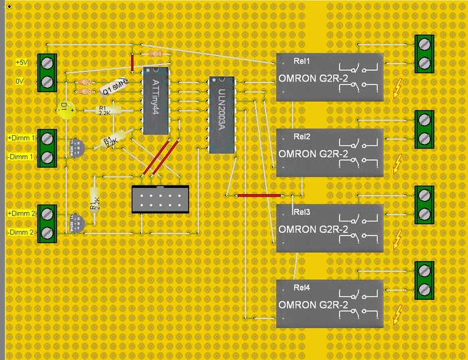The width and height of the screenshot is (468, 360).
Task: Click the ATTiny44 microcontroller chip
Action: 156,100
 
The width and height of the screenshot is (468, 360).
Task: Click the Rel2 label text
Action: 302,137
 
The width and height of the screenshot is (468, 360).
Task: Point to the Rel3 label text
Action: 302,212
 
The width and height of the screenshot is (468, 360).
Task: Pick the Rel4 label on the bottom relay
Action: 302,288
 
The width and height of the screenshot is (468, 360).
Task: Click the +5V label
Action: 23,62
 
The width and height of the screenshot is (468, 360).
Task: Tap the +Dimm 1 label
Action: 20,138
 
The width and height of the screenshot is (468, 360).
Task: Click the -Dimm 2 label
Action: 20,232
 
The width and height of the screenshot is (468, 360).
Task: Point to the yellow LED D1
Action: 66,109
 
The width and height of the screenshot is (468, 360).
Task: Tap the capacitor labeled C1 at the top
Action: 156,53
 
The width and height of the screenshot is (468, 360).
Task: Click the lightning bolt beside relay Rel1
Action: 398,87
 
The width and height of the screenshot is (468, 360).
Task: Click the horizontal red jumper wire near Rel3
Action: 259,195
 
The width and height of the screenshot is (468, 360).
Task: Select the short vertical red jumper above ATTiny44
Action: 133,62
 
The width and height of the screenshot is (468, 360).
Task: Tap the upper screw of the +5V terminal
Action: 47,62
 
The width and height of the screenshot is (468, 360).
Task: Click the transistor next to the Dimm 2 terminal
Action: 76,222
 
